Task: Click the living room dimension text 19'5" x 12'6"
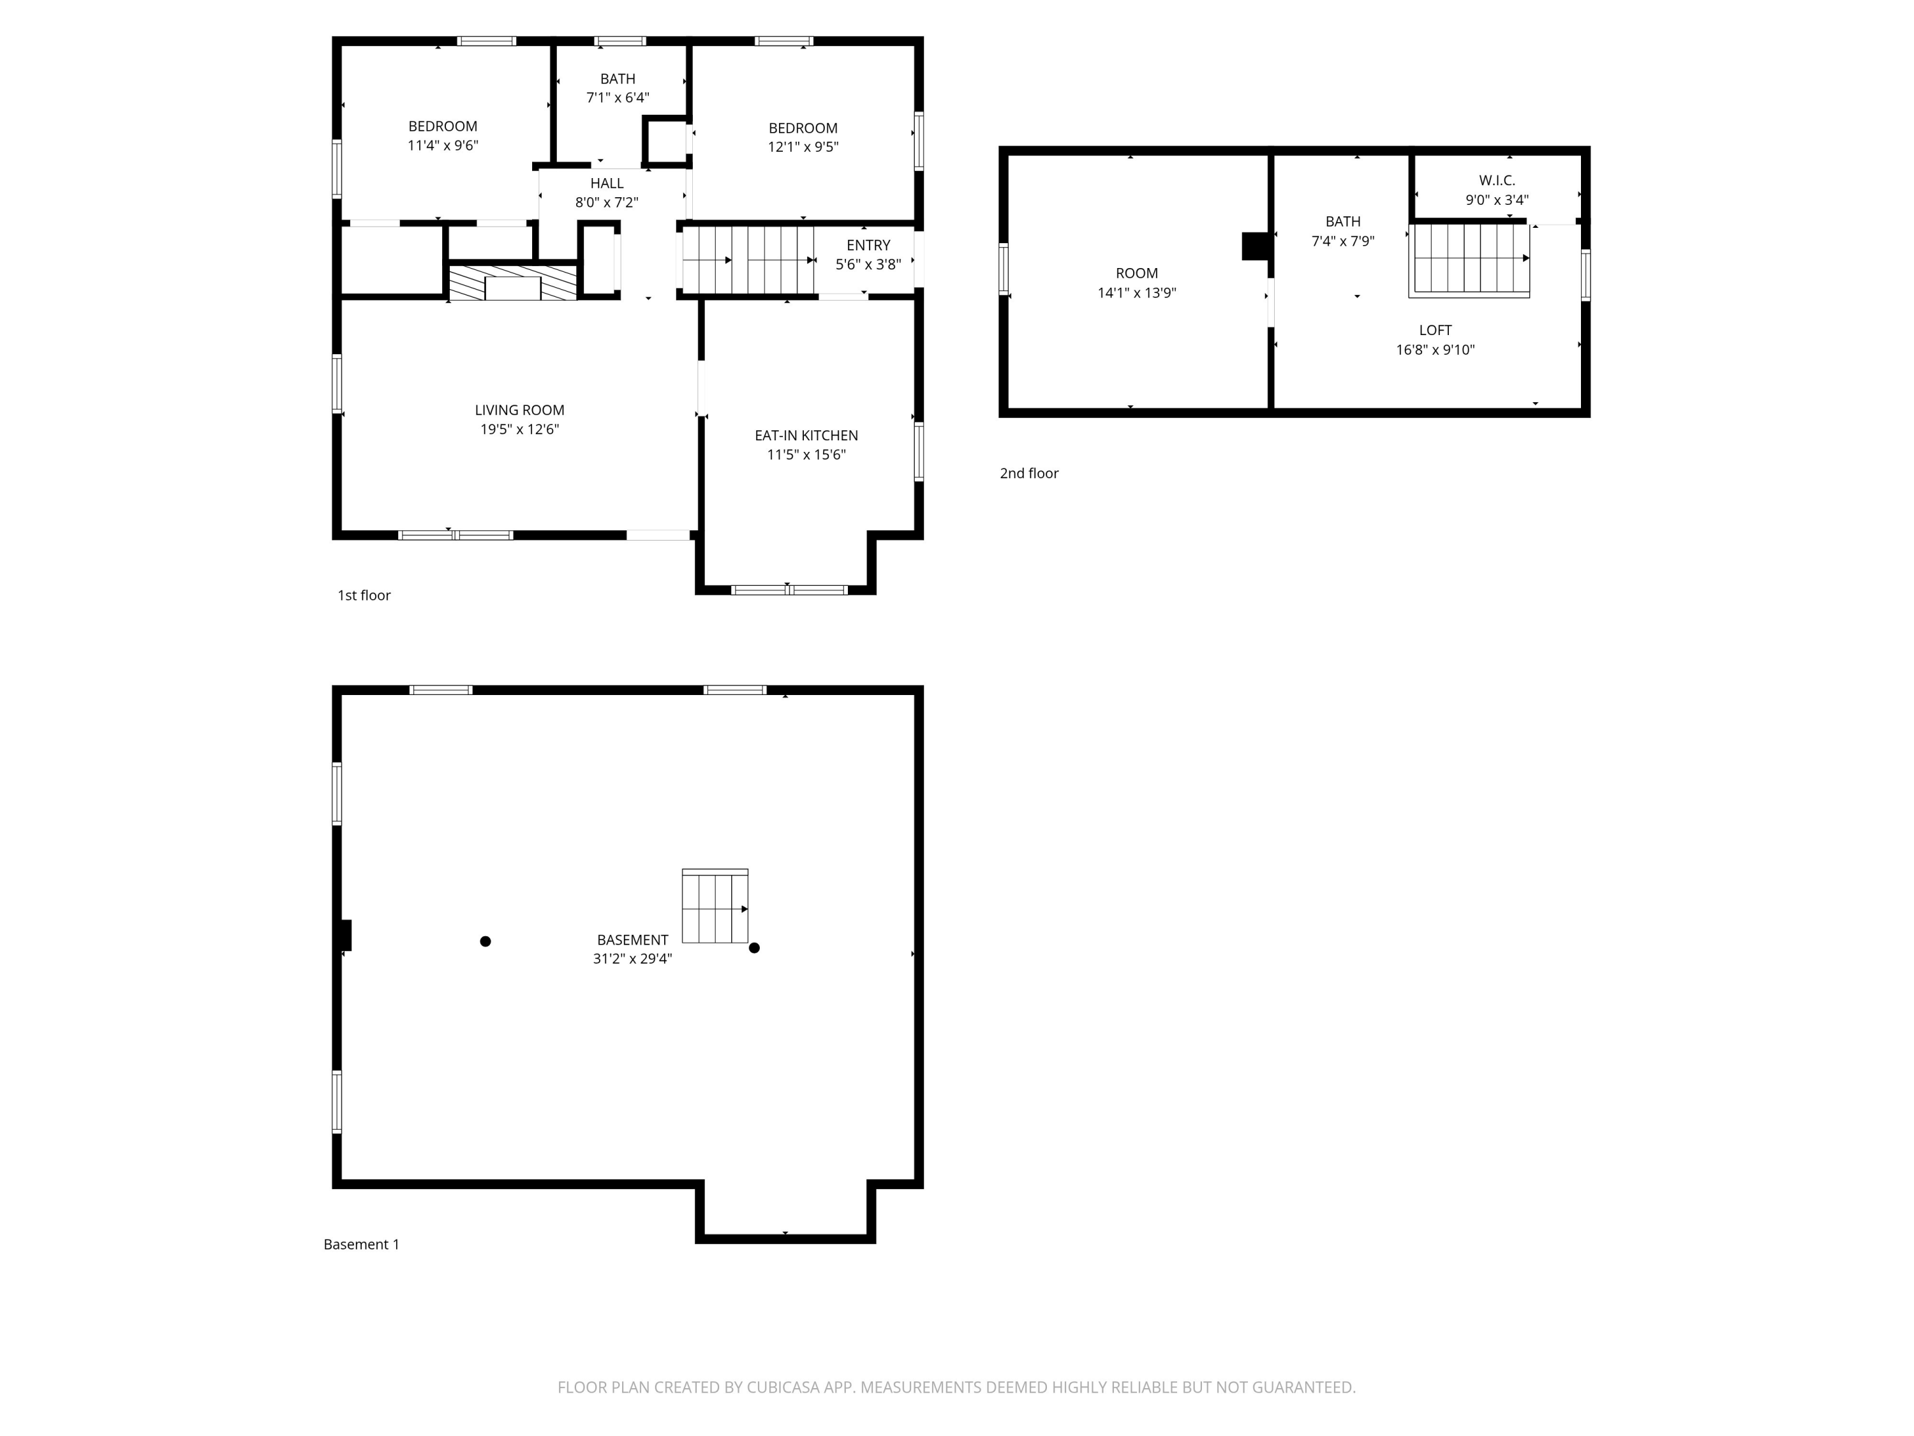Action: (519, 430)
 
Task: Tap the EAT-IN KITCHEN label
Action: (806, 435)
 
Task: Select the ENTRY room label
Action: (868, 245)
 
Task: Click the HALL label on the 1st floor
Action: (607, 184)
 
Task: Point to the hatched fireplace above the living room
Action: (512, 283)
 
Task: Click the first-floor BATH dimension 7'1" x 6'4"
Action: (617, 98)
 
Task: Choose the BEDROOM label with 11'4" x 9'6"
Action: (442, 126)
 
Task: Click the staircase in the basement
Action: (715, 906)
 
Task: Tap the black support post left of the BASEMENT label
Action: (486, 941)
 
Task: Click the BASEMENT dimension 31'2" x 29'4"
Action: (632, 958)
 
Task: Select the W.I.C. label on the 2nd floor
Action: (1496, 180)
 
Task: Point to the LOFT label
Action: (1435, 330)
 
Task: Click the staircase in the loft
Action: (1469, 259)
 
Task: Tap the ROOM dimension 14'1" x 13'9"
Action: (1136, 292)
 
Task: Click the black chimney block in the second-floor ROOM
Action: (1255, 246)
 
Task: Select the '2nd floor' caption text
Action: (1029, 474)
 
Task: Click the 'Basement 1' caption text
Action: (361, 1244)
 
